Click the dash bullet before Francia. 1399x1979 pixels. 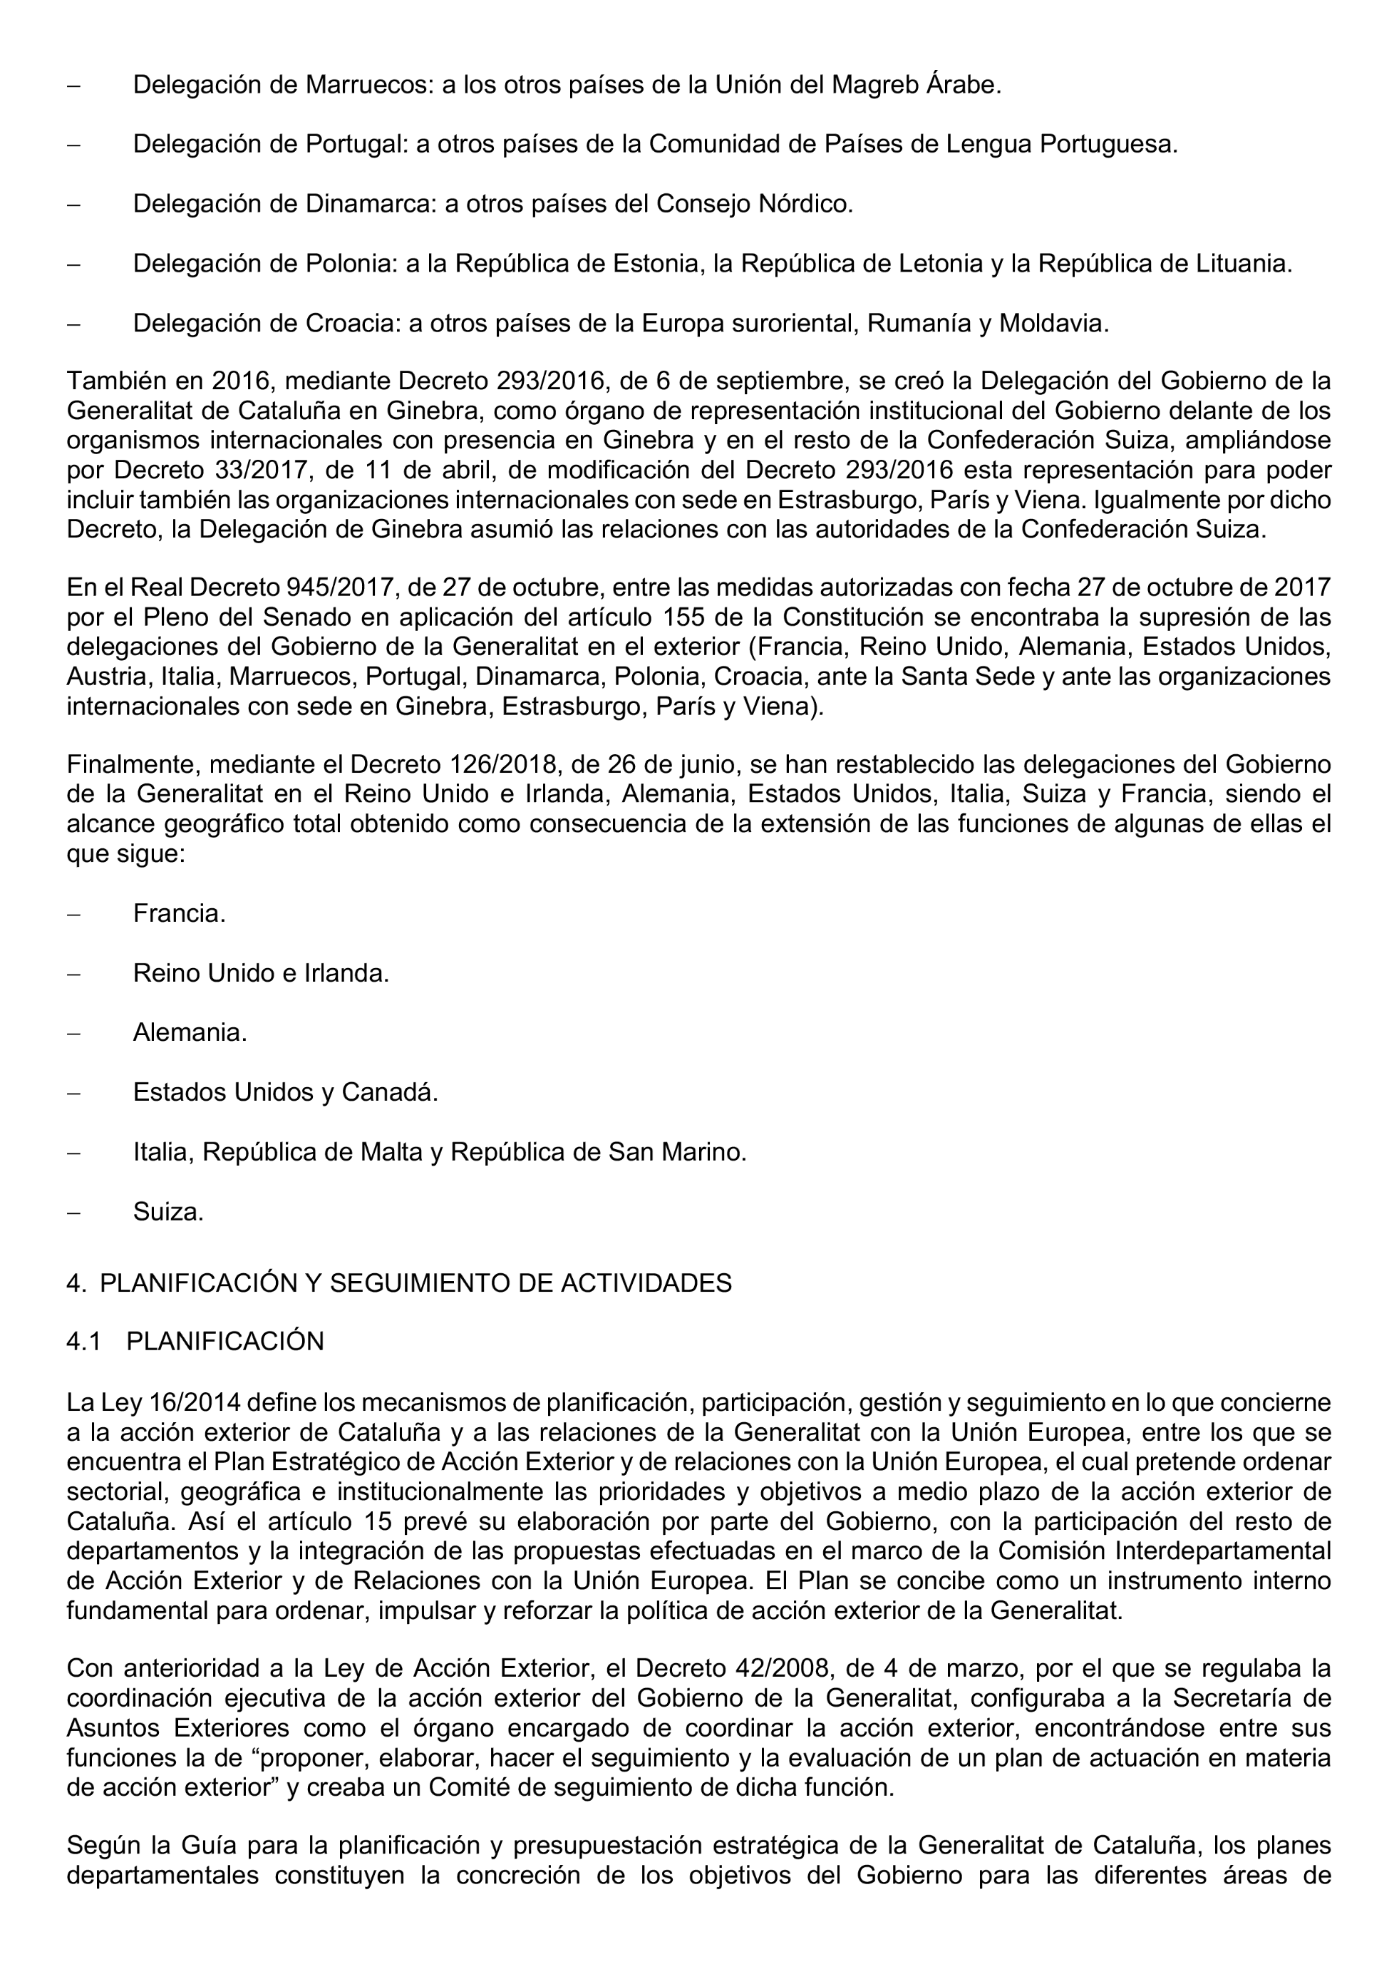(74, 915)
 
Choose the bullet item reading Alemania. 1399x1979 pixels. (190, 1032)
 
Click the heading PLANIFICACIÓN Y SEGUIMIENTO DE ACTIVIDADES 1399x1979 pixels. (415, 1283)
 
